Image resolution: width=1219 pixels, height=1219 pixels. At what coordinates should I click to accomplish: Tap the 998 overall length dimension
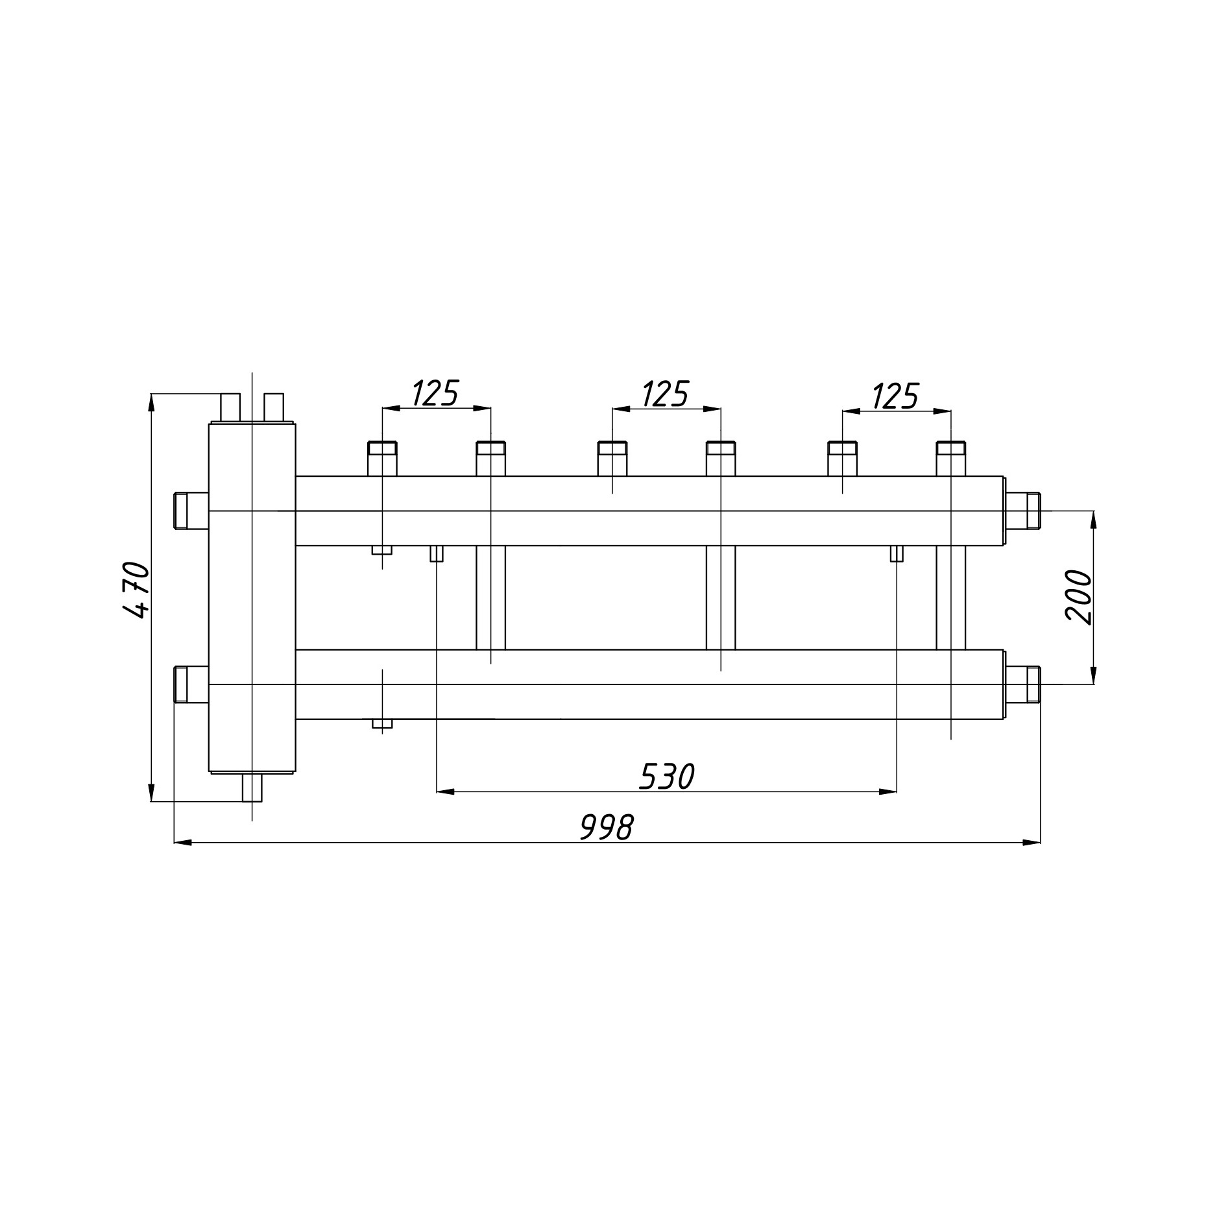pyautogui.click(x=606, y=827)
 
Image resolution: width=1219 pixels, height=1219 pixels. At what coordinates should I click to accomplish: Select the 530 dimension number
pyautogui.click(x=667, y=777)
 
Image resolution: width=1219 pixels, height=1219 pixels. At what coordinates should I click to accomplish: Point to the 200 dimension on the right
pyautogui.click(x=1079, y=597)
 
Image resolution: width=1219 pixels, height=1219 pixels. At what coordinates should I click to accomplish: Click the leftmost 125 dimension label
pyautogui.click(x=435, y=393)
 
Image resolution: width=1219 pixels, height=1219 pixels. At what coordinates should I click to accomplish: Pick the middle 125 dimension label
pyautogui.click(x=665, y=394)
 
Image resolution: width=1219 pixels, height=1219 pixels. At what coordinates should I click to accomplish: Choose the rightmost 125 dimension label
pyautogui.click(x=895, y=396)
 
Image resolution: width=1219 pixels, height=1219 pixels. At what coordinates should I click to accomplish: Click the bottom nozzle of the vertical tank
pyautogui.click(x=252, y=788)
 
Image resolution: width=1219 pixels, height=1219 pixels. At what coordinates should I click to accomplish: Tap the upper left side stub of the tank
pyautogui.click(x=191, y=511)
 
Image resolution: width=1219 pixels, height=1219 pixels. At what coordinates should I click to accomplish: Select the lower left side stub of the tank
pyautogui.click(x=191, y=684)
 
